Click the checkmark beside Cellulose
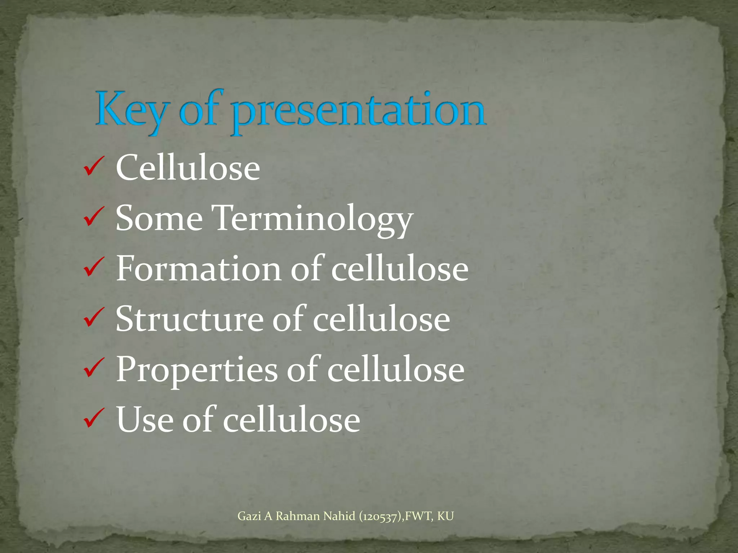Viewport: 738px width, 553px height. pyautogui.click(x=94, y=168)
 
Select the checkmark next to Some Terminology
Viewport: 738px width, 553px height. pyautogui.click(x=94, y=218)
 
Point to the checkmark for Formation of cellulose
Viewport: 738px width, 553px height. pyautogui.click(x=94, y=269)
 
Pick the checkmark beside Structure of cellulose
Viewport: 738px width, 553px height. pyautogui.click(x=94, y=319)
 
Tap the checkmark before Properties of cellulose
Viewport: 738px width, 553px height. pyautogui.click(x=94, y=369)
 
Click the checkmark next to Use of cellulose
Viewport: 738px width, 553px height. pyautogui.click(x=94, y=420)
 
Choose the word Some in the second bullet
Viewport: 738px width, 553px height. pyautogui.click(x=159, y=219)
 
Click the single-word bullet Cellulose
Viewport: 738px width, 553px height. pyautogui.click(x=188, y=168)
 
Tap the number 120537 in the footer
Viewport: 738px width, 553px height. pyautogui.click(x=381, y=517)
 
